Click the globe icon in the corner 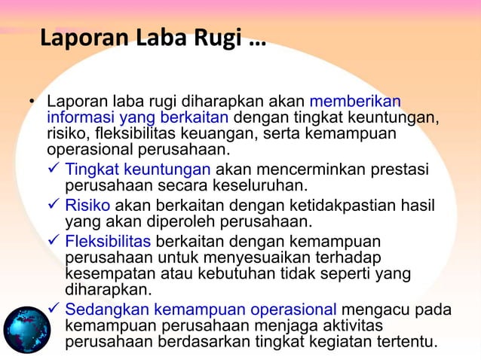click(26, 330)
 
